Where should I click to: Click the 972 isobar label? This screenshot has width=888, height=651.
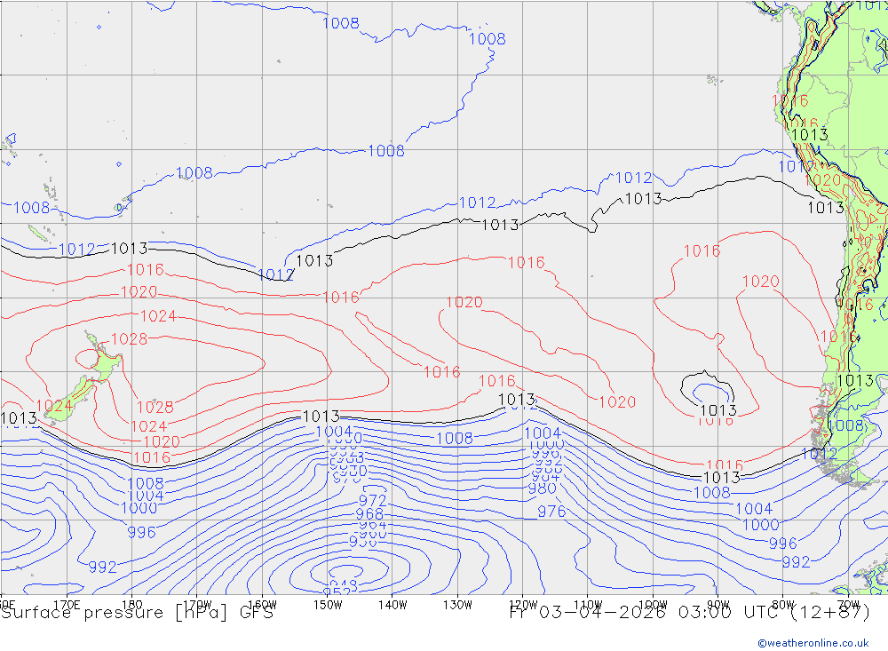point(372,501)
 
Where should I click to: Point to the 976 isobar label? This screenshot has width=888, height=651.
point(551,512)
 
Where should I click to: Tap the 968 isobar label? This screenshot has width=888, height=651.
point(369,514)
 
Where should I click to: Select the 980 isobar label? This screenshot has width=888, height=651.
point(542,488)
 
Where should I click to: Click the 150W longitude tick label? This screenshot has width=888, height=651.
point(328,605)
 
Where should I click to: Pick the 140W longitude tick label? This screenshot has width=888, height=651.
point(392,605)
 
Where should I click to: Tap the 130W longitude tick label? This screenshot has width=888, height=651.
point(457,605)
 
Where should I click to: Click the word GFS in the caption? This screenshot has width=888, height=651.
point(257,613)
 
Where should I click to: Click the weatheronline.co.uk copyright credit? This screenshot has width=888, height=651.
point(813,642)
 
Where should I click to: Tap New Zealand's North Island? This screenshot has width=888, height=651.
point(103,361)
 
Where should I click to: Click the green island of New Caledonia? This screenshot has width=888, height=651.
point(38,234)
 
